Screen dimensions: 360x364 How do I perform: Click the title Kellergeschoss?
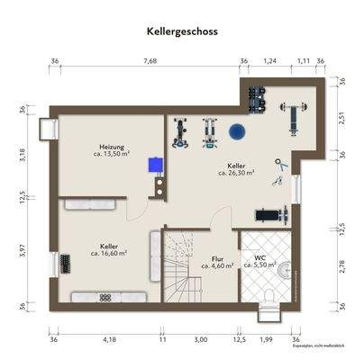click(x=181, y=30)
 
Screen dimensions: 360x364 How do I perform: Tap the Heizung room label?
click(x=112, y=147)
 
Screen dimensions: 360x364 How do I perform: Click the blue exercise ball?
click(x=238, y=131)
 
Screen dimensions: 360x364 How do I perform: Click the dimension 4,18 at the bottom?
click(x=109, y=339)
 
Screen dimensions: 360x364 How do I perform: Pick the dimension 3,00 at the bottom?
click(x=200, y=339)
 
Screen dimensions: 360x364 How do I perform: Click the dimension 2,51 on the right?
click(x=341, y=117)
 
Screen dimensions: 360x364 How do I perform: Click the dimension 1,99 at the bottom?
click(x=267, y=339)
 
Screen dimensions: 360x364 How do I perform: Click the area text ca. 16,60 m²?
click(x=109, y=253)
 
